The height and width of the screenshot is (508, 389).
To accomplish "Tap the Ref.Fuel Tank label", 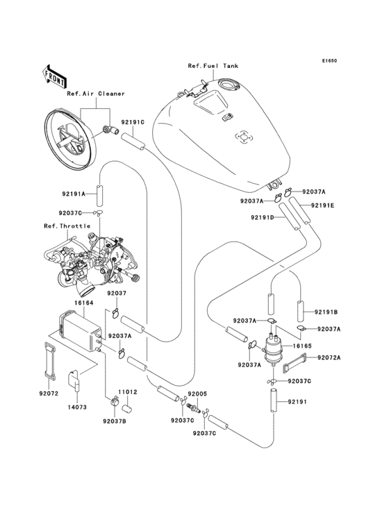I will point(213,66).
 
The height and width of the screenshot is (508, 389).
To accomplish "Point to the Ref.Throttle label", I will point(61,226).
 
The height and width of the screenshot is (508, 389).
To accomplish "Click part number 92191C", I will point(133,122).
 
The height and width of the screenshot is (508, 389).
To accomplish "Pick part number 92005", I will point(197,393).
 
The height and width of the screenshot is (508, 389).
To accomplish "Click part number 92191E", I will point(322,205).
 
